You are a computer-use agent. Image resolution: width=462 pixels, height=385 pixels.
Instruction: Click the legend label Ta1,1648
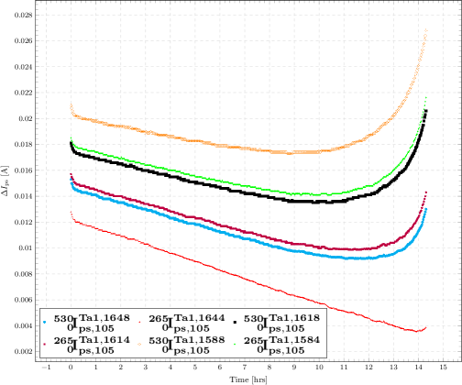point(97,315)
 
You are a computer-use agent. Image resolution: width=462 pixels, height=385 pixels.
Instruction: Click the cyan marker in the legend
point(45,321)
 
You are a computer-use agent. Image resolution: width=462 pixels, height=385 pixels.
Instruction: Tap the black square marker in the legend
point(236,321)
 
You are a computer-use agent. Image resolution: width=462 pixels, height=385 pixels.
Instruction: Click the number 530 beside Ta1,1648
point(62,318)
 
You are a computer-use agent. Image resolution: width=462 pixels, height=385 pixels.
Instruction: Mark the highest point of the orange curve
point(426,30)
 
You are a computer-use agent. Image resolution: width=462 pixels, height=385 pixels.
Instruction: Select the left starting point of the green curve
point(71,137)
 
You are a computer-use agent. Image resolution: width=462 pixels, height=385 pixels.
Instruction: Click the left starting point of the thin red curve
point(71,215)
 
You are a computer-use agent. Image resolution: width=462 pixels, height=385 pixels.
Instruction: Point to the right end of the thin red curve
point(426,327)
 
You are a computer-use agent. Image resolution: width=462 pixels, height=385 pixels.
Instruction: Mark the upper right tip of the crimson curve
point(426,192)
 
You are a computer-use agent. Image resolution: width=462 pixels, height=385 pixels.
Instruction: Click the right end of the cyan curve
point(426,209)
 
